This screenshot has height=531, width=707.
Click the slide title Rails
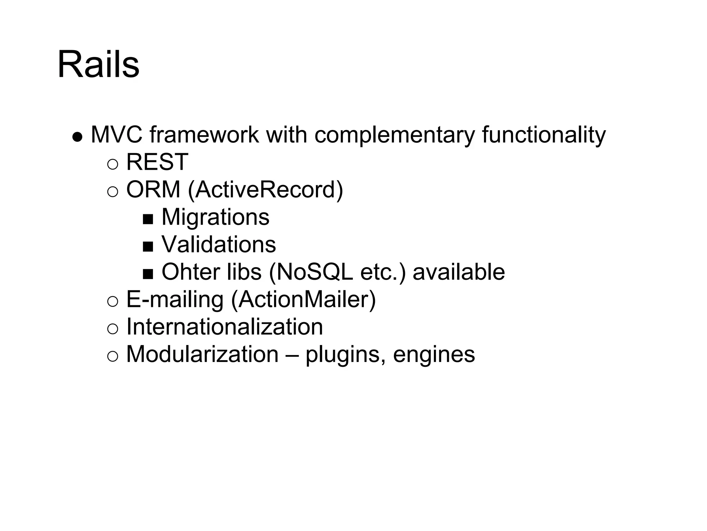click(x=98, y=65)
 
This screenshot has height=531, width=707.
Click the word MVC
click(x=116, y=134)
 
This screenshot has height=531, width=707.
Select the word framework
click(x=204, y=134)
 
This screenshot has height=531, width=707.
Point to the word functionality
click(x=544, y=135)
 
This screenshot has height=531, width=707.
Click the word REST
click(x=157, y=162)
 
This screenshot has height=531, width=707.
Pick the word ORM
click(x=153, y=189)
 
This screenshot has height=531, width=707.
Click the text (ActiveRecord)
click(x=265, y=189)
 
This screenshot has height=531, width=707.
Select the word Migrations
click(x=215, y=217)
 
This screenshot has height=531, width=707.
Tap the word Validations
click(x=219, y=244)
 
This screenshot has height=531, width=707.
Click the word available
click(x=459, y=272)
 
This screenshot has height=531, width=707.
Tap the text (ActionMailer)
click(x=303, y=299)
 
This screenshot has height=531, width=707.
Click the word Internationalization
click(x=225, y=327)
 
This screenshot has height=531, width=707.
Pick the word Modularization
click(x=203, y=354)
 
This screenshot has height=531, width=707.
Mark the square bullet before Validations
click(x=148, y=246)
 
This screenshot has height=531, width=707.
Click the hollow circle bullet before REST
click(x=113, y=164)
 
